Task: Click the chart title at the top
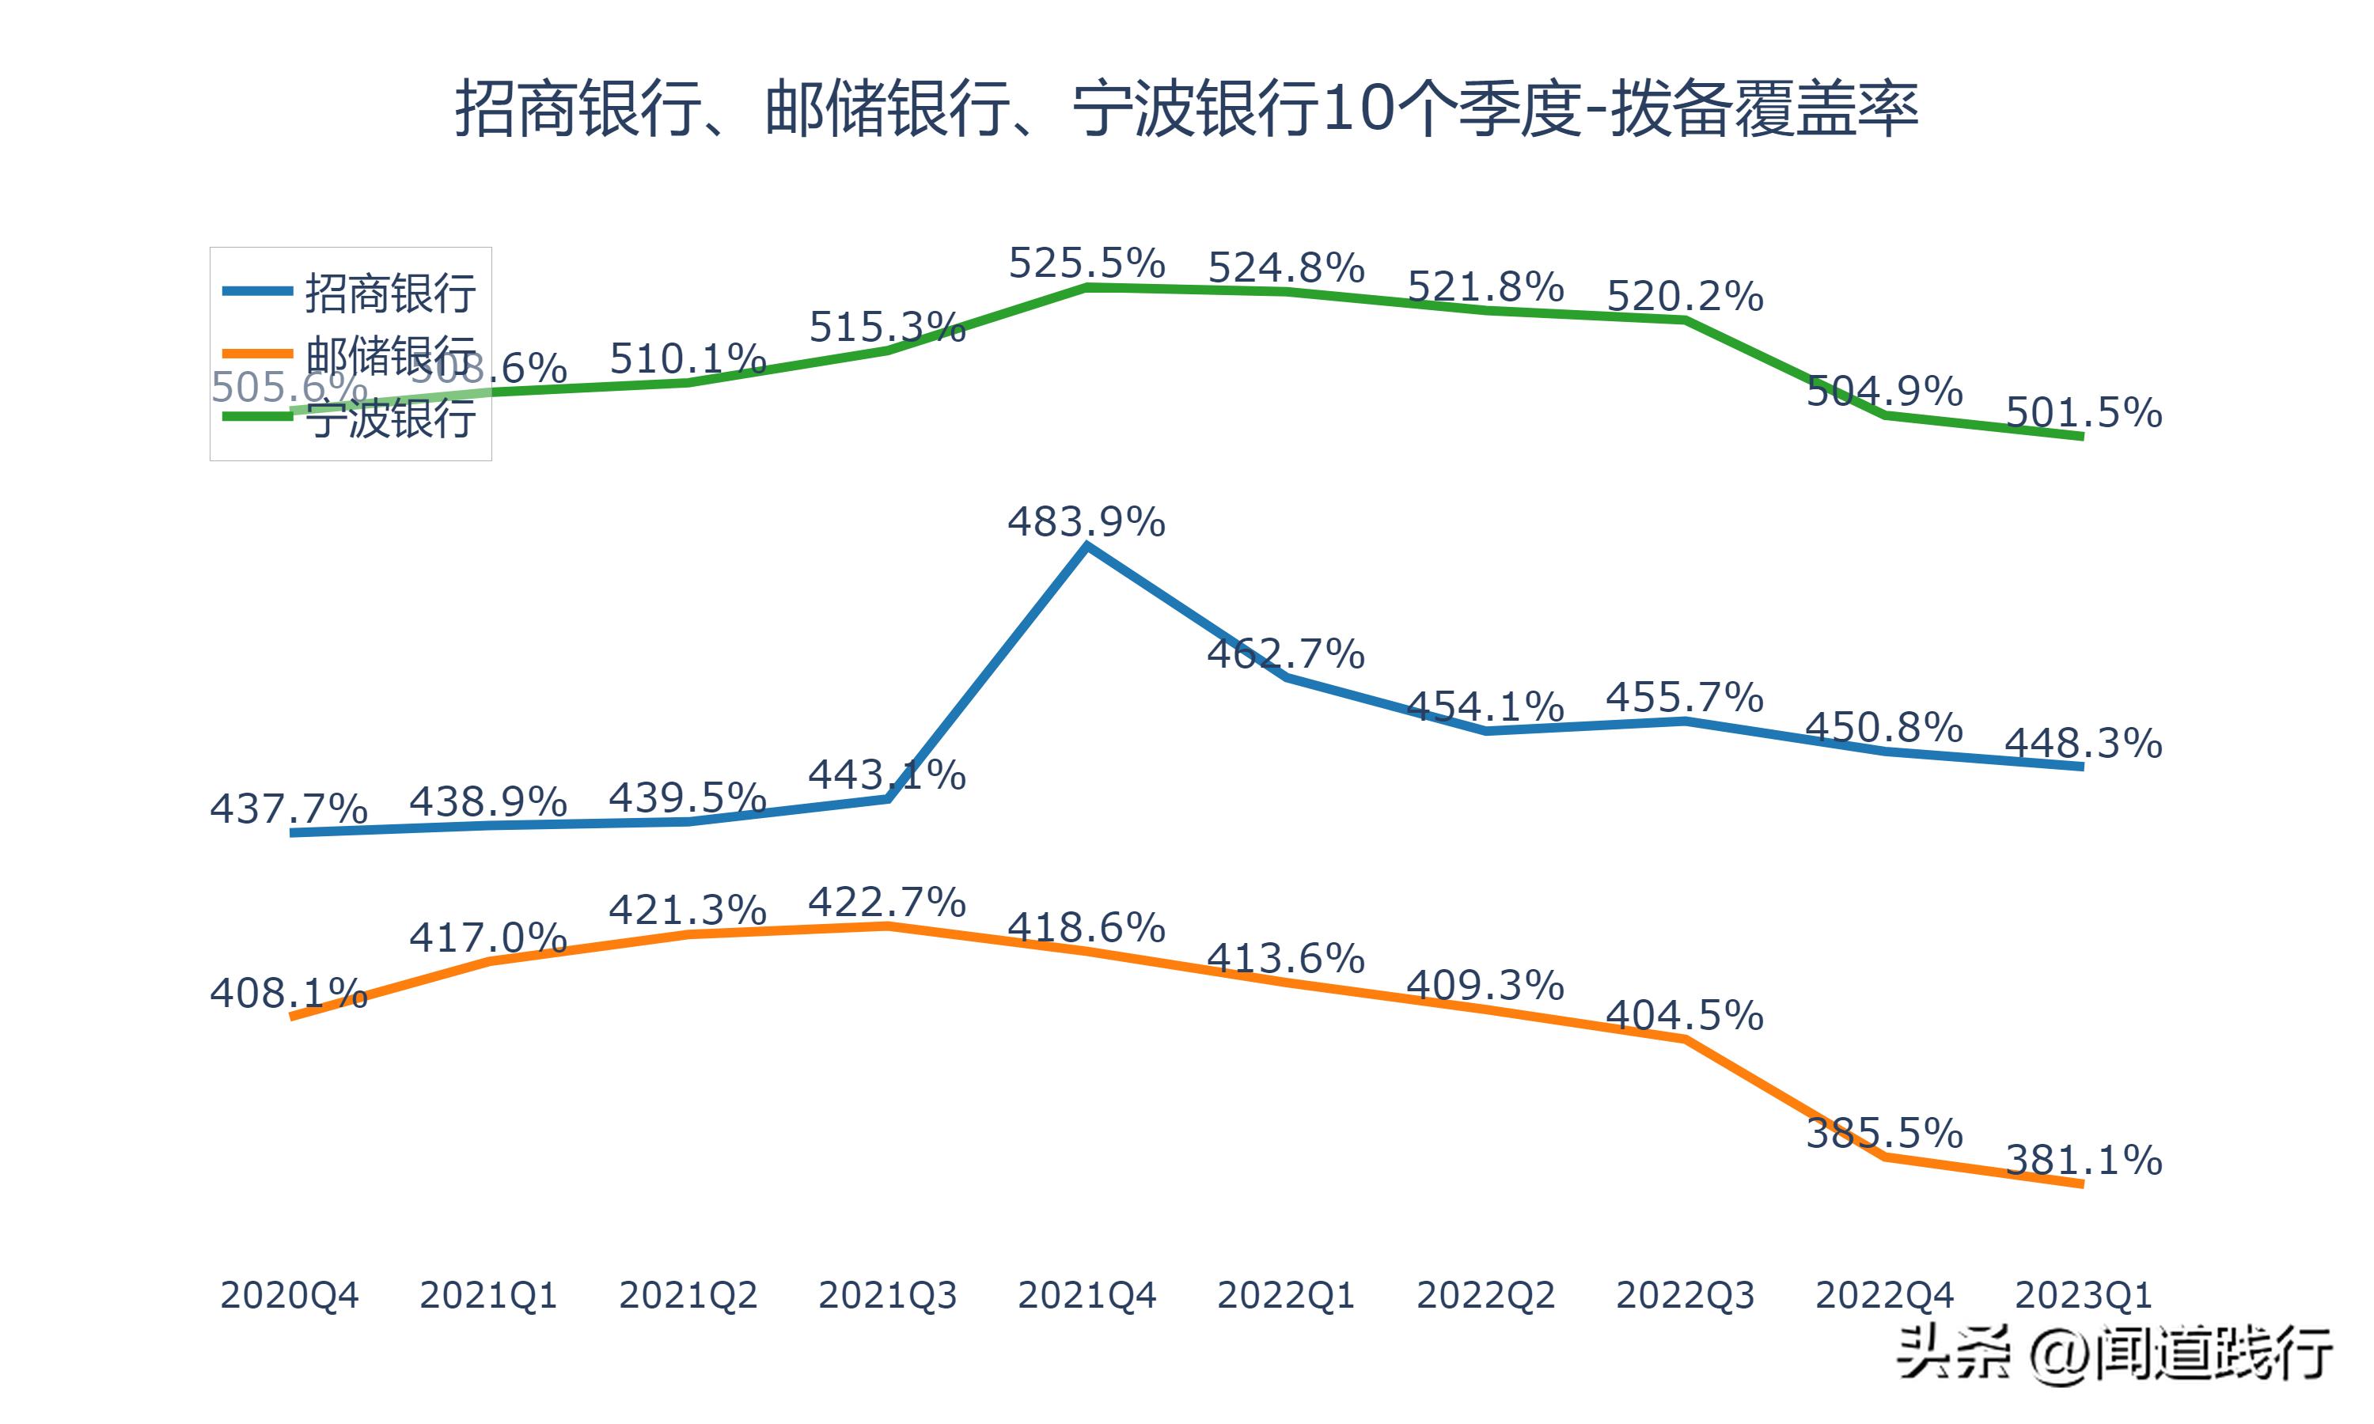[x=1186, y=108]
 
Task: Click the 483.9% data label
[x=1087, y=522]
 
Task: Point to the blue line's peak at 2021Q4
[x=1087, y=546]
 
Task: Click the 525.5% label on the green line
[x=1087, y=263]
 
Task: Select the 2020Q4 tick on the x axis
[x=289, y=1295]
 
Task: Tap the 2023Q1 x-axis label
[x=2082, y=1295]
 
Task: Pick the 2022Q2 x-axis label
[x=1485, y=1295]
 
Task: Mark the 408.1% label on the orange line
[x=289, y=993]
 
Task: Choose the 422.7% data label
[x=886, y=902]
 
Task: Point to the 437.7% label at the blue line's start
[x=289, y=809]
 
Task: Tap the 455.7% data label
[x=1685, y=698]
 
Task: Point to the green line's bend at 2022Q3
[x=1685, y=320]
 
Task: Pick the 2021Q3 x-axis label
[x=886, y=1295]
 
